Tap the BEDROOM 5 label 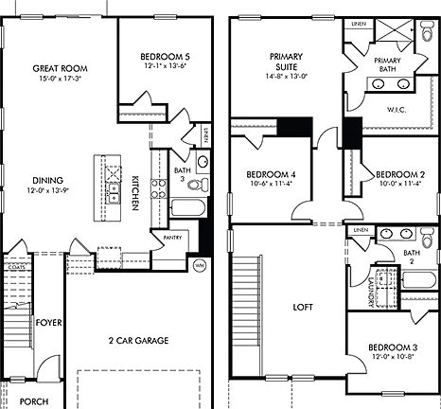153,55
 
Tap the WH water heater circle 200,264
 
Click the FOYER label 48,323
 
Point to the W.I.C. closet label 397,108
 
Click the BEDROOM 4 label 272,175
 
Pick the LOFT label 302,307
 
